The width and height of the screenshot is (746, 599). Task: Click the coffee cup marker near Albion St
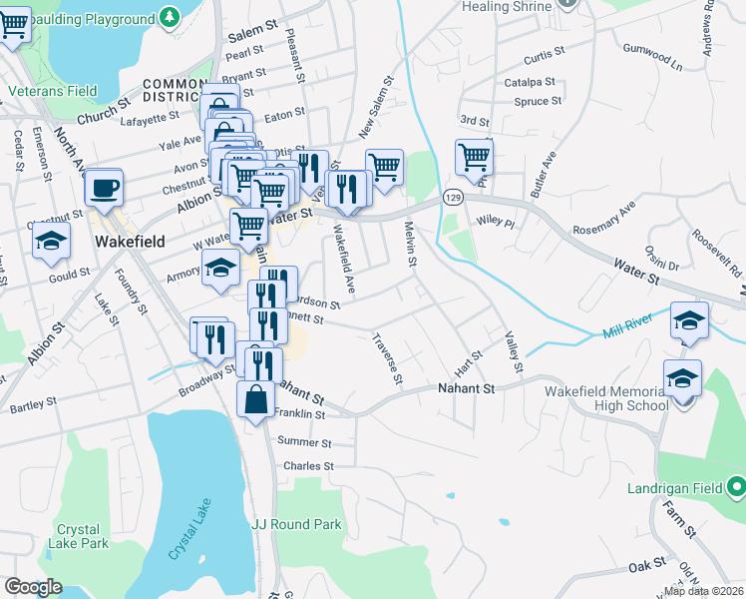click(x=103, y=187)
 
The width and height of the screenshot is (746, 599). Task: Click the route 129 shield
click(x=453, y=199)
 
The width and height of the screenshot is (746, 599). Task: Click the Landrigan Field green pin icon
click(x=737, y=488)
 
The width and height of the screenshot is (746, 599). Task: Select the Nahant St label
click(x=467, y=387)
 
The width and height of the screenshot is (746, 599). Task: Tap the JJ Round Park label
click(x=296, y=524)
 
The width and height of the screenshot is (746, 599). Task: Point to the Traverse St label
click(x=388, y=358)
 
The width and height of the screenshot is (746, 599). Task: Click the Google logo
click(x=33, y=587)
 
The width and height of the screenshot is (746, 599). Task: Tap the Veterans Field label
click(x=53, y=91)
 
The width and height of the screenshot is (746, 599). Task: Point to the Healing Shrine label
click(x=507, y=7)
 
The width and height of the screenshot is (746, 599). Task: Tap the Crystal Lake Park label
click(x=82, y=536)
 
